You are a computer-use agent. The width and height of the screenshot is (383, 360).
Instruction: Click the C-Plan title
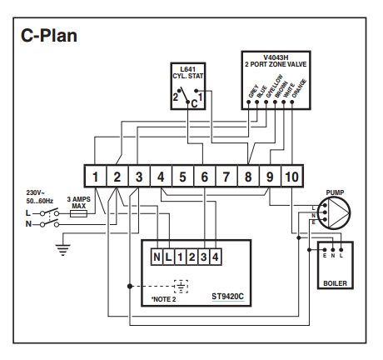pyautogui.click(x=49, y=36)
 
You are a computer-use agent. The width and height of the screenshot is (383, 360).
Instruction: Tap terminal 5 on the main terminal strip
pyautogui.click(x=182, y=177)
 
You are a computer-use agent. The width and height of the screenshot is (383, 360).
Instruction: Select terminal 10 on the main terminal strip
pyautogui.click(x=291, y=177)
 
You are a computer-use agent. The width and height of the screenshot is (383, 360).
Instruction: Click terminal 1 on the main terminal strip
pyautogui.click(x=95, y=177)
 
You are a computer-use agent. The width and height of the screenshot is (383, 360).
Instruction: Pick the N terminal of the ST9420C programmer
pyautogui.click(x=157, y=257)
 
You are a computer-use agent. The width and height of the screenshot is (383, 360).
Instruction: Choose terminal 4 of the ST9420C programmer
pyautogui.click(x=216, y=257)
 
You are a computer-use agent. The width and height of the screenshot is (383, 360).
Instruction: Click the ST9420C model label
pyautogui.click(x=228, y=297)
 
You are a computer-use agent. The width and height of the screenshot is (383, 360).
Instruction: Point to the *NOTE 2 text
pyautogui.click(x=163, y=299)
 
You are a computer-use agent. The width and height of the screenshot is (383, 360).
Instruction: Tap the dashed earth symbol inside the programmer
pyautogui.click(x=181, y=287)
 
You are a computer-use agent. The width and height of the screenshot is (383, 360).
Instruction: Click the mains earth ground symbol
pyautogui.click(x=62, y=249)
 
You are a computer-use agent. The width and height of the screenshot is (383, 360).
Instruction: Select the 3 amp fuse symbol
pyautogui.click(x=78, y=213)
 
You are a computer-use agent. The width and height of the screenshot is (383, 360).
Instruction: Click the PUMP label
pyautogui.click(x=335, y=192)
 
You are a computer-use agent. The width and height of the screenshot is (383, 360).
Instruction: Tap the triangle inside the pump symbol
pyautogui.click(x=338, y=212)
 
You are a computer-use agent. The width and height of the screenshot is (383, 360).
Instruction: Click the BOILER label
pyautogui.click(x=336, y=283)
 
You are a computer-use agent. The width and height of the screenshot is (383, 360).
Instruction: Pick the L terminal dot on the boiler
pyautogui.click(x=341, y=250)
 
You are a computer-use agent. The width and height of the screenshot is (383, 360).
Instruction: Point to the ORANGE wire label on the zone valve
pyautogui.click(x=299, y=88)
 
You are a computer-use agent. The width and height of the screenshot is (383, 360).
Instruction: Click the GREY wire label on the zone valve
pyautogui.click(x=253, y=91)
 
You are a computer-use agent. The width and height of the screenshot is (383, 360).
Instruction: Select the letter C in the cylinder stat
pyautogui.click(x=194, y=104)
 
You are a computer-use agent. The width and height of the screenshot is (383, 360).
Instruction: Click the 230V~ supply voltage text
pyautogui.click(x=36, y=192)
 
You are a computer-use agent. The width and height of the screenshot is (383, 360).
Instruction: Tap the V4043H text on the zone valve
pyautogui.click(x=276, y=57)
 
